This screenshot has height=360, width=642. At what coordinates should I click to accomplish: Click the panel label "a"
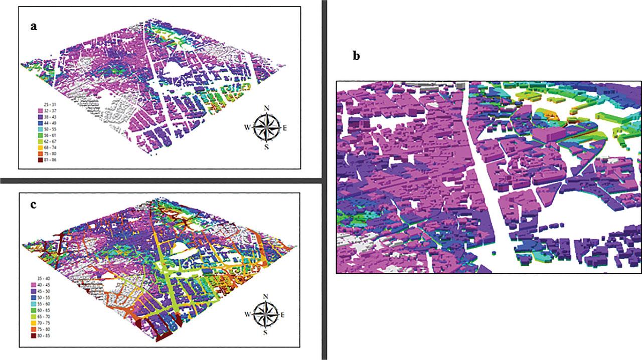pyautogui.click(x=34, y=27)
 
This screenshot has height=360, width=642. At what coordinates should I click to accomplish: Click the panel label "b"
pyautogui.click(x=356, y=56)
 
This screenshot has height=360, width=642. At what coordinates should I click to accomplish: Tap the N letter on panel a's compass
pyautogui.click(x=267, y=107)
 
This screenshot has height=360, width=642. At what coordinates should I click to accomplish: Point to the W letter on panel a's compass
pyautogui.click(x=247, y=127)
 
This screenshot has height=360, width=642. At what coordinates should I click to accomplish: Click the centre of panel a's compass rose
pyautogui.click(x=266, y=127)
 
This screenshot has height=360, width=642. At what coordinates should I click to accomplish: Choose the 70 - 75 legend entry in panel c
pyautogui.click(x=42, y=323)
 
